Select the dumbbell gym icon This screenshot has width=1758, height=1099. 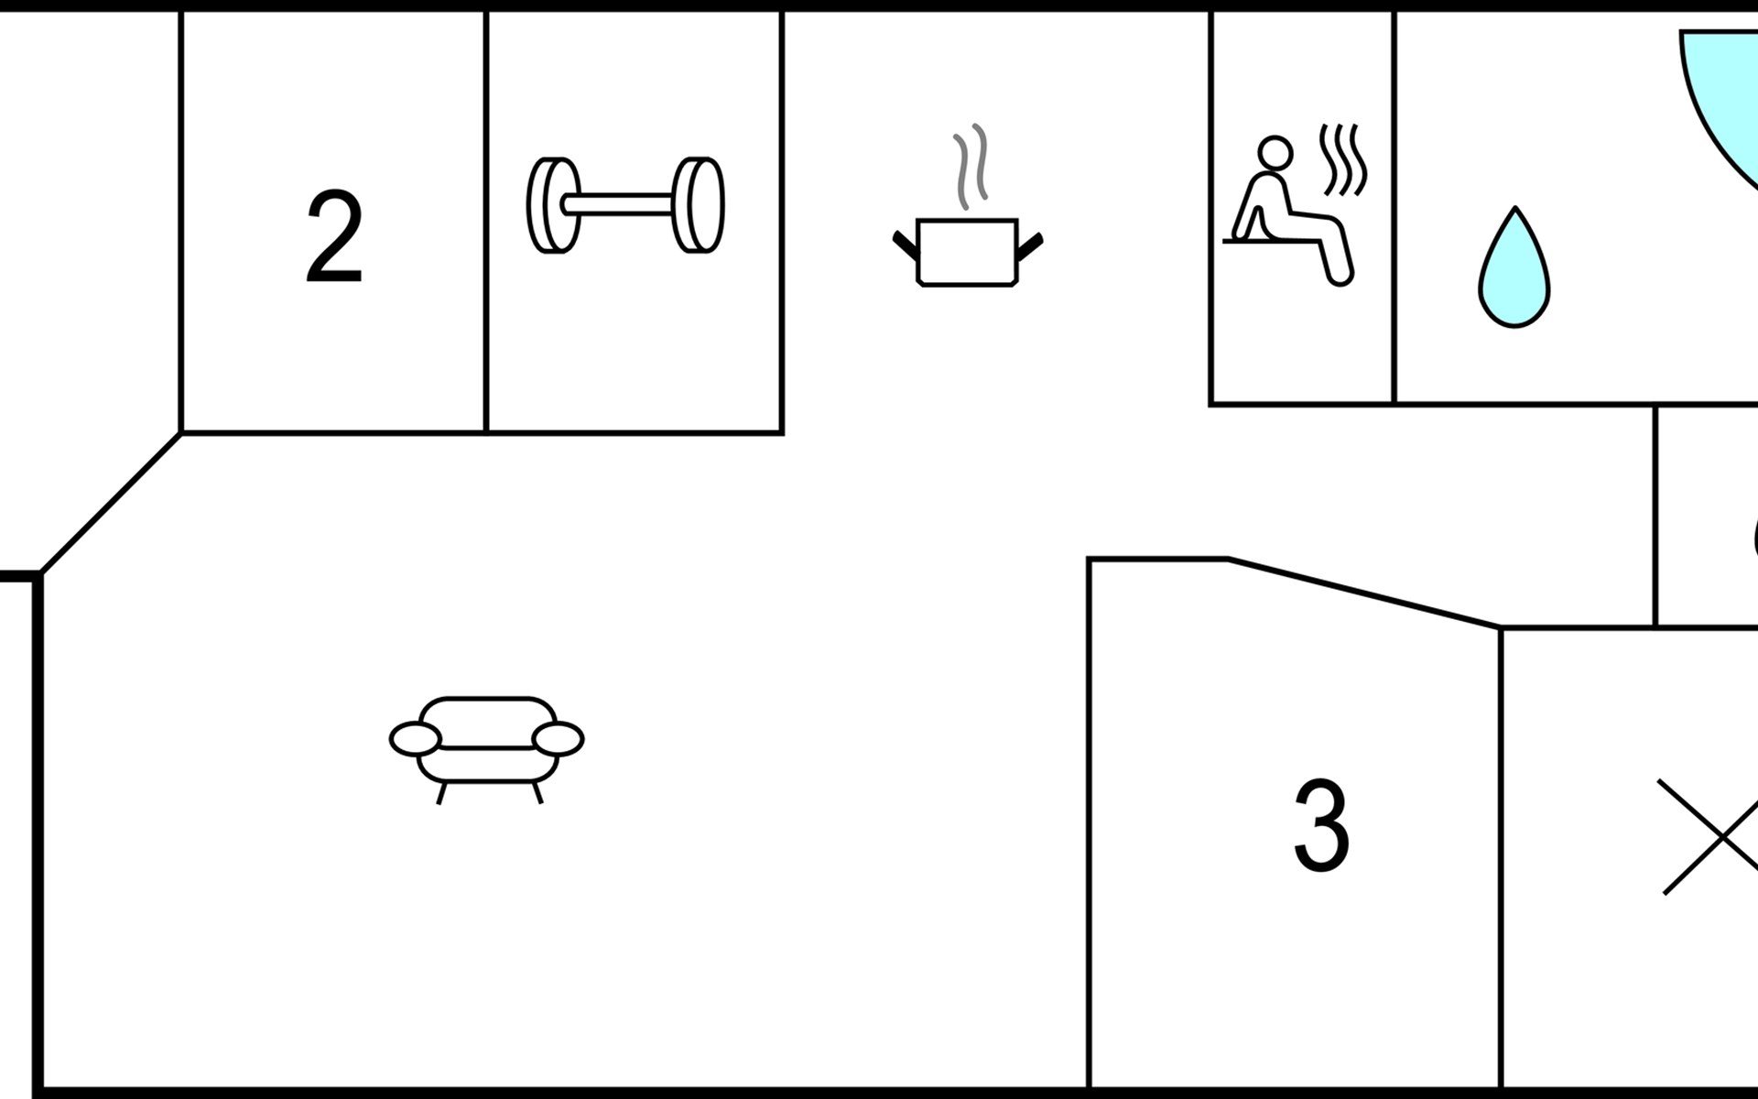click(x=625, y=205)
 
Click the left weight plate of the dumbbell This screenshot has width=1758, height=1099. click(x=553, y=205)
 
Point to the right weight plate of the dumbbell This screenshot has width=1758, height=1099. click(x=699, y=205)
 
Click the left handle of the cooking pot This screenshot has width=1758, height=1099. click(x=906, y=245)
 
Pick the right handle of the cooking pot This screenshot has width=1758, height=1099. click(x=1030, y=245)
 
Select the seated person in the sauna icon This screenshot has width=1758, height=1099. click(x=1289, y=212)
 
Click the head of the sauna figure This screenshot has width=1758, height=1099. click(x=1275, y=153)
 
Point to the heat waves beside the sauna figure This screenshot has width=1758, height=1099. click(x=1343, y=160)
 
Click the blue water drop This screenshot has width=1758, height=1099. click(x=1514, y=267)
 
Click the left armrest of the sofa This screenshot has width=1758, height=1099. click(x=415, y=739)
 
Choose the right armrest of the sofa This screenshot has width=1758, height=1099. click(x=558, y=739)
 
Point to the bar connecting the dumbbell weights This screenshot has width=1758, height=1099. click(x=626, y=204)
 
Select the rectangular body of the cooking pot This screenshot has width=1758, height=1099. click(x=968, y=252)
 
